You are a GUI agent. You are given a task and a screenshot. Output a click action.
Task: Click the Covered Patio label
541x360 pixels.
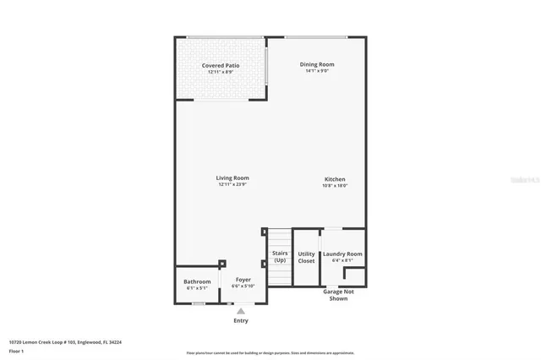(x=220, y=65)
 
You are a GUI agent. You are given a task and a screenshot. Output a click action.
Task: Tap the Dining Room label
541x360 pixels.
(x=317, y=64)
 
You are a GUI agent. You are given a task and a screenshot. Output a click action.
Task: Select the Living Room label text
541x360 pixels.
(x=232, y=177)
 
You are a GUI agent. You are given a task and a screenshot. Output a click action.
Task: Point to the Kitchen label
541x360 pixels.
(x=335, y=178)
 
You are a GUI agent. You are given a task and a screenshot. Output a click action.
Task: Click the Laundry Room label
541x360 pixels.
(x=342, y=254)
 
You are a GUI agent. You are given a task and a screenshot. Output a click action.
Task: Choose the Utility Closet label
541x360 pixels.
(x=306, y=257)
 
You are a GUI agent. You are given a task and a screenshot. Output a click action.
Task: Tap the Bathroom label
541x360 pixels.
(x=197, y=281)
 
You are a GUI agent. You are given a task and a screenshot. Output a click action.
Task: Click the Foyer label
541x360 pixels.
(x=243, y=279)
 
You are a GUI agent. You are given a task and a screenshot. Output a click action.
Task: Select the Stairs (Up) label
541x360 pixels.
(x=279, y=256)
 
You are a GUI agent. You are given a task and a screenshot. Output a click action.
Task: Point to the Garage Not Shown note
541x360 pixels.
(x=337, y=295)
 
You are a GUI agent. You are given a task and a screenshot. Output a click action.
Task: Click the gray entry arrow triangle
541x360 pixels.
(x=241, y=311)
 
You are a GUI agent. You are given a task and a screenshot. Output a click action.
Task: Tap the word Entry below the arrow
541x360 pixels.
(x=241, y=321)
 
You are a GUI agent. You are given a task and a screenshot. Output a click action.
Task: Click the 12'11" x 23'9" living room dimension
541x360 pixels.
(x=232, y=185)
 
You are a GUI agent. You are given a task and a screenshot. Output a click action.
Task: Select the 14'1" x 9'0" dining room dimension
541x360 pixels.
(x=317, y=71)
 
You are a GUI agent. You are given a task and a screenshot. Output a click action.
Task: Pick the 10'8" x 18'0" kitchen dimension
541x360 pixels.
(x=335, y=186)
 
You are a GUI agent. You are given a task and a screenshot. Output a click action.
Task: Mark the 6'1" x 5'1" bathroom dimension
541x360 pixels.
(x=197, y=288)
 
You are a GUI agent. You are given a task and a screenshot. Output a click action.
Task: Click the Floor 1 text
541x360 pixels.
(x=17, y=350)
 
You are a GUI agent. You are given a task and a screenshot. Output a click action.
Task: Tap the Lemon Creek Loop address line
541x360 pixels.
(x=65, y=342)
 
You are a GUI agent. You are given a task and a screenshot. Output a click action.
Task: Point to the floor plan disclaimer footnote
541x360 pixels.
(x=270, y=353)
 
